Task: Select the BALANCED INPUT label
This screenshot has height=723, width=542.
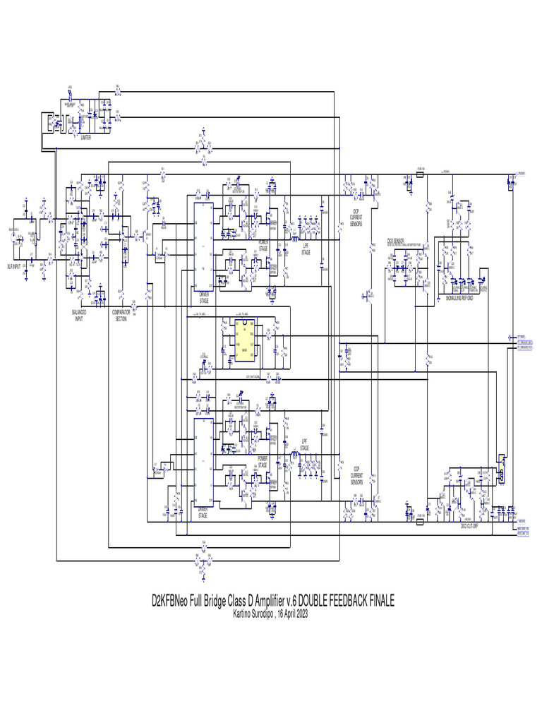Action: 79,315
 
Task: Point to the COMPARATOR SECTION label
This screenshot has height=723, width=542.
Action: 121,315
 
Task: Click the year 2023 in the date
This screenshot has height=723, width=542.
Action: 300,613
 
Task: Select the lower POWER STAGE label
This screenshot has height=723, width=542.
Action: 263,462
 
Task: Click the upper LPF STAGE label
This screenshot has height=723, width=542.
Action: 305,249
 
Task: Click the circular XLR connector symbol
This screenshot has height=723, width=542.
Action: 15,238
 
